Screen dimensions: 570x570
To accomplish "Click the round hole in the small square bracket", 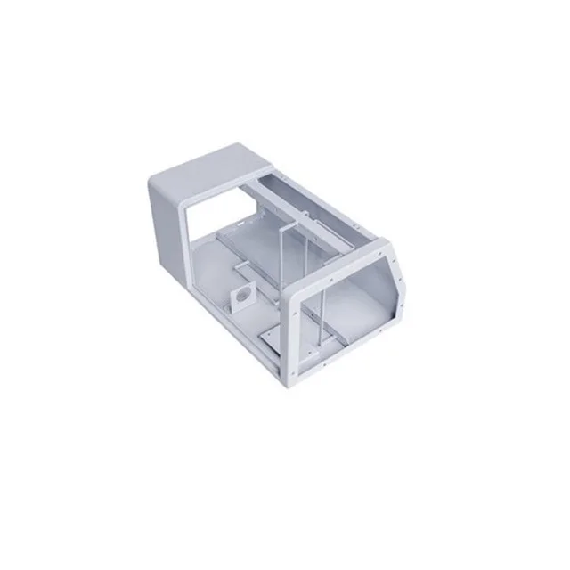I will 241,294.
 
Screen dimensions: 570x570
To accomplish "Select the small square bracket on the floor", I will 241,296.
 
